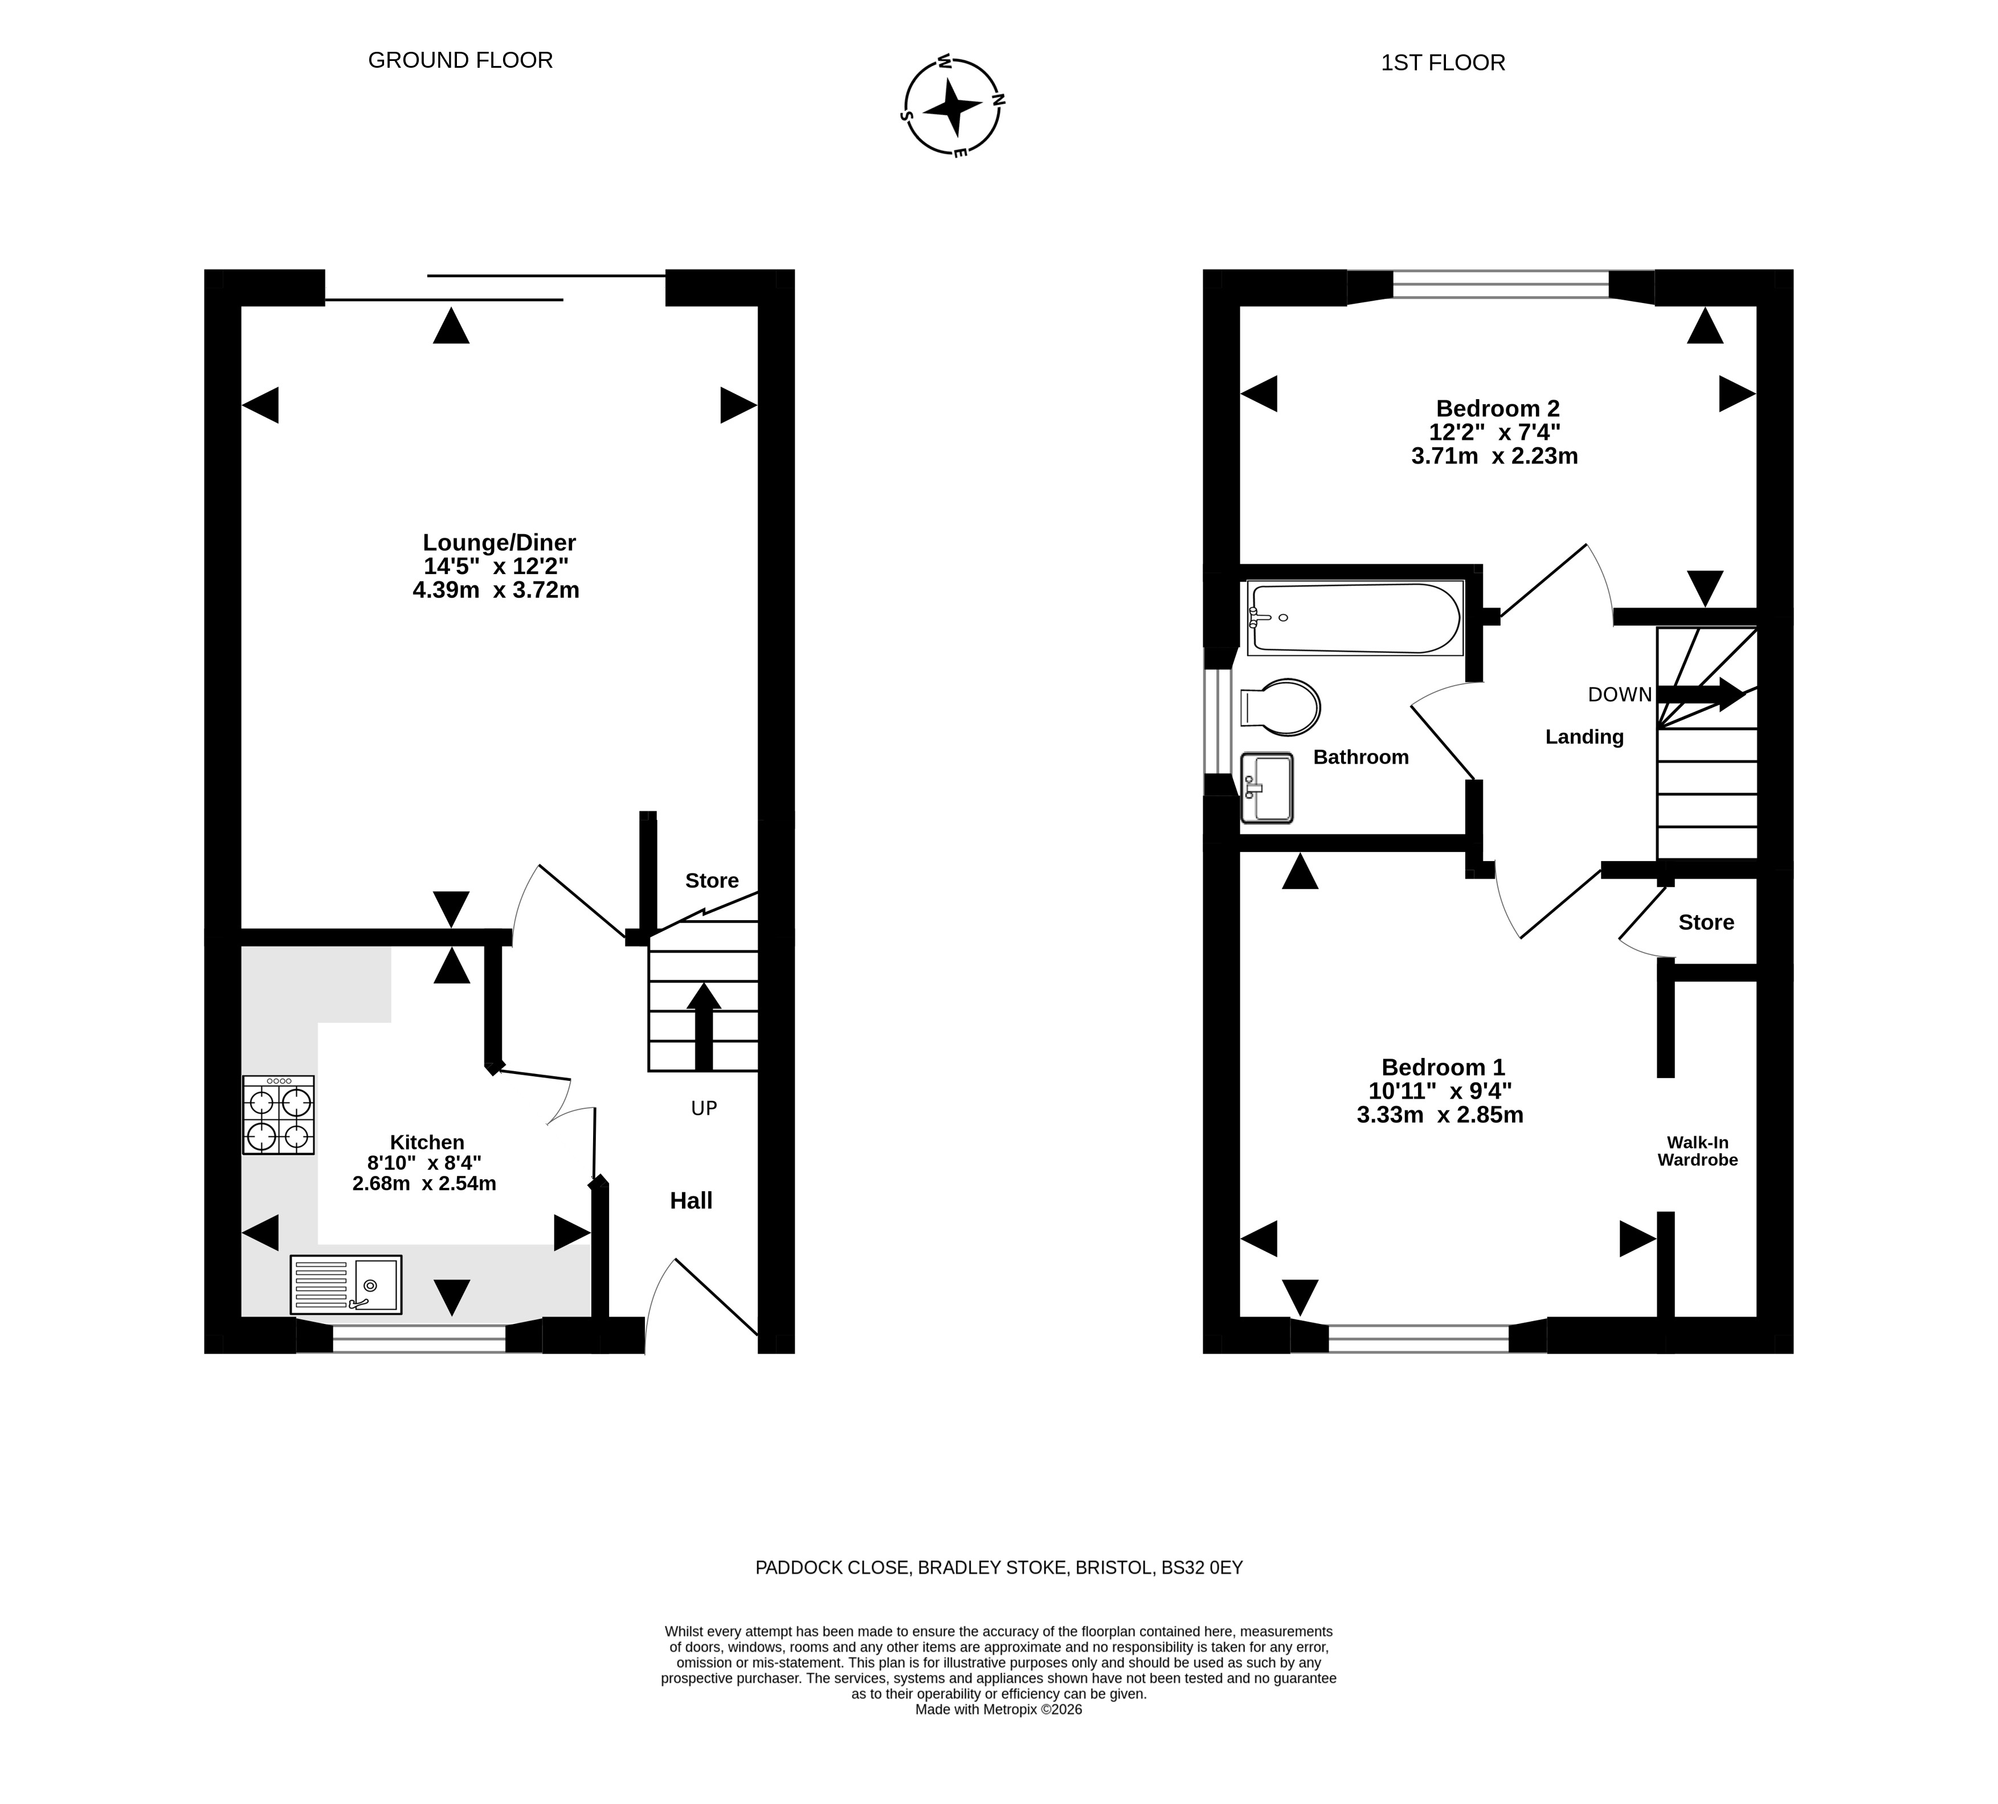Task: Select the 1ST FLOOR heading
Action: click(1443, 63)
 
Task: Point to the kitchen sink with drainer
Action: click(346, 1285)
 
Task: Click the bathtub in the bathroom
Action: click(1355, 617)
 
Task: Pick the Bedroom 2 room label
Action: click(1498, 408)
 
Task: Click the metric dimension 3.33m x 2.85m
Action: click(1440, 1114)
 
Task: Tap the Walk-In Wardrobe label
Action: click(1698, 1151)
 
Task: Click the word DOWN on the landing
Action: click(1619, 695)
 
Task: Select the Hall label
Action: click(690, 1201)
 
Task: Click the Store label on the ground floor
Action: click(712, 881)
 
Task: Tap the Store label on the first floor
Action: click(1706, 922)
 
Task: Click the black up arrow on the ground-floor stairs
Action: click(704, 1026)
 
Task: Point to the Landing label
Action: click(1584, 737)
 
